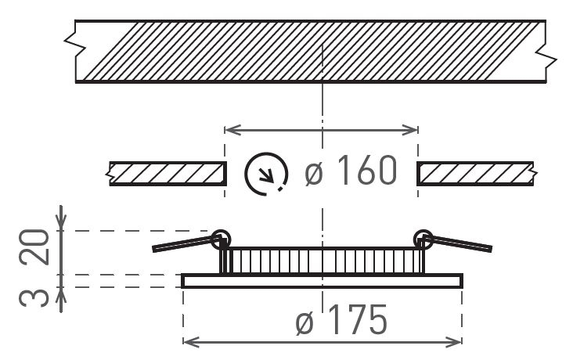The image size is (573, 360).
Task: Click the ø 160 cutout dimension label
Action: tap(351, 171)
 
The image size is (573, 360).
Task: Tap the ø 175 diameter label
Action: tap(341, 320)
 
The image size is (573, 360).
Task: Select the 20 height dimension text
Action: tap(34, 247)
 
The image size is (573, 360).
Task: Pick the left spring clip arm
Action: tap(186, 243)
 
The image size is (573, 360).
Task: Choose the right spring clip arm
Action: tap(457, 243)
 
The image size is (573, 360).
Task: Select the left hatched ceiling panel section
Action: tap(167, 174)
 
